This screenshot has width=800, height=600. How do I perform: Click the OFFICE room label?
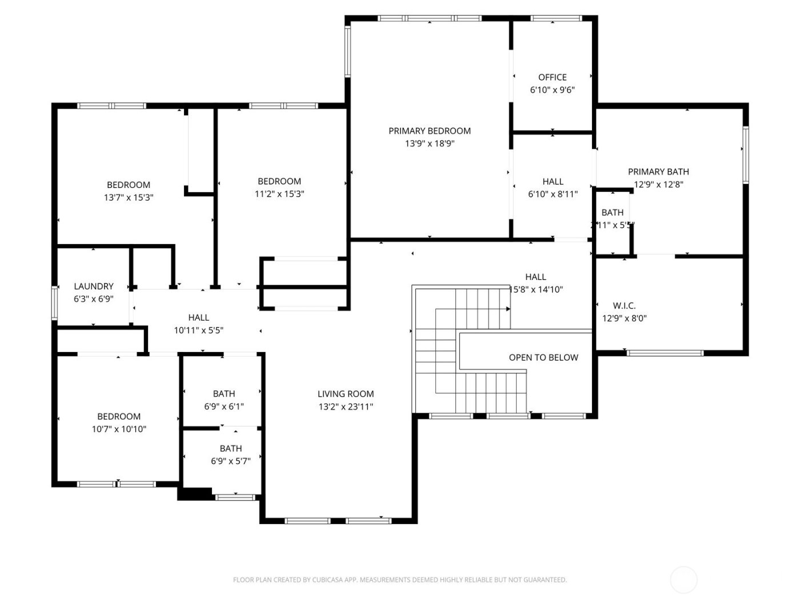pos(552,77)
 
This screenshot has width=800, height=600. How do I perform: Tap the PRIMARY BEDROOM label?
pos(430,131)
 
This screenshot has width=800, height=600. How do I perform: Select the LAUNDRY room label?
pos(94,286)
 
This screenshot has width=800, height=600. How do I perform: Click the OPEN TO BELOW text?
pos(543,358)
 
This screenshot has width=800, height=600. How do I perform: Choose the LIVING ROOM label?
pos(346,394)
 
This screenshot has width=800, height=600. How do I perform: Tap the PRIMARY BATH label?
pos(658,171)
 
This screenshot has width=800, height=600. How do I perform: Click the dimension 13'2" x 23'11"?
pos(346,407)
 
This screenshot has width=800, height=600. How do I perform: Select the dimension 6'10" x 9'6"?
pos(552,90)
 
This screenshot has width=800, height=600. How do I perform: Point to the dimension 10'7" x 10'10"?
pos(119,429)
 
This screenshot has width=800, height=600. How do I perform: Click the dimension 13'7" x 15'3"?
pos(129,198)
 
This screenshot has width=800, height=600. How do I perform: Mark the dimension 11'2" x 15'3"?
pos(279,194)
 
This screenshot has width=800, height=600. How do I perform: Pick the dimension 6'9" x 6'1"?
pos(224,407)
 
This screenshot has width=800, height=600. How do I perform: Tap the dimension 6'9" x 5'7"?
pos(231,461)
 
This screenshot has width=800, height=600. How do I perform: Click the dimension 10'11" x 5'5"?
pos(198,330)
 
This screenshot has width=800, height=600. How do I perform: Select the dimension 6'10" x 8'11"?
pos(553,194)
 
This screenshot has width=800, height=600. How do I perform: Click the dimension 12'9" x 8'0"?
pos(624,319)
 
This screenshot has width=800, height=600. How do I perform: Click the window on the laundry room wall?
pos(54,303)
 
